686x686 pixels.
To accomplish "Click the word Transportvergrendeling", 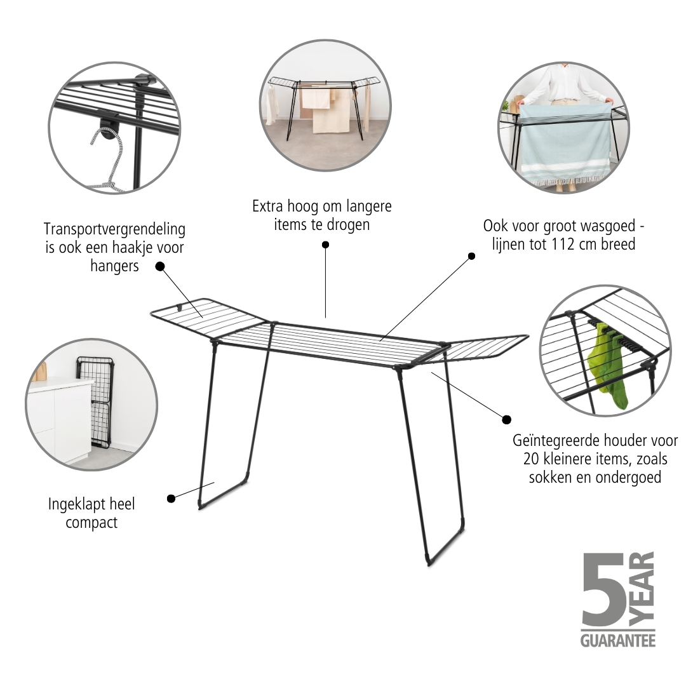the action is (114, 229).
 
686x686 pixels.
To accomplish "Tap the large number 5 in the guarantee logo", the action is (603, 589).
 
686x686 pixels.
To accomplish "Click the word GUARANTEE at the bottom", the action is (618, 640).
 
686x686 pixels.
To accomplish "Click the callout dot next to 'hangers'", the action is (160, 266).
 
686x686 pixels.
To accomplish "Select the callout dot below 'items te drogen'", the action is (325, 245).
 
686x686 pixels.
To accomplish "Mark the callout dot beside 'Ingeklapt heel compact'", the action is (171, 499).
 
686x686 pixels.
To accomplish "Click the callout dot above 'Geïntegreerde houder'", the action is (507, 420).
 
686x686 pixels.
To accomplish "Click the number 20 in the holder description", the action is (531, 459).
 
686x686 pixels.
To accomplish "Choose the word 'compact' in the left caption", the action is (91, 523).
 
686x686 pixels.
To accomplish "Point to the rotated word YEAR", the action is (642, 588).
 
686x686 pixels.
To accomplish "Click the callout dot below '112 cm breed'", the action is (471, 256).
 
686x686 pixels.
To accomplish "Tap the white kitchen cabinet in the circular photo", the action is (58, 420).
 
